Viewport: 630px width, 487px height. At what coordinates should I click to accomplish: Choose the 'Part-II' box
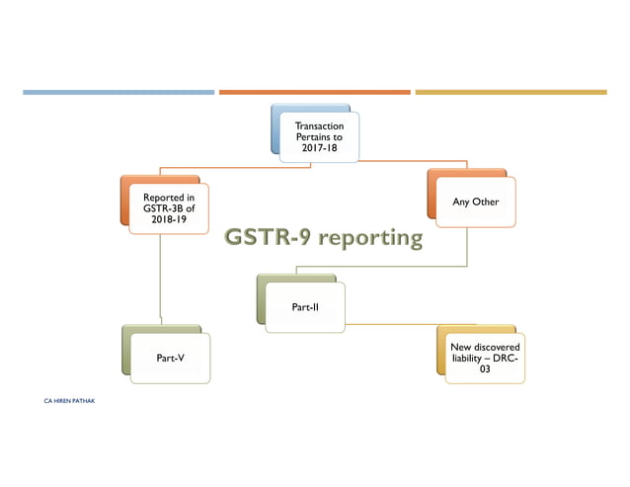click(x=305, y=307)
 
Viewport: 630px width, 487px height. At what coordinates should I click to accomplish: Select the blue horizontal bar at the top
click(x=118, y=92)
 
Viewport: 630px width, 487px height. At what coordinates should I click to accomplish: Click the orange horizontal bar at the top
click(x=314, y=92)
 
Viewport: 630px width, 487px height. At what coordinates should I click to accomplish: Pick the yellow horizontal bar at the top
click(x=511, y=92)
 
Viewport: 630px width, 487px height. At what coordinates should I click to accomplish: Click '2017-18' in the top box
click(x=319, y=148)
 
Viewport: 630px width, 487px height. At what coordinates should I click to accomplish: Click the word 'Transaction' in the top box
click(x=319, y=124)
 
